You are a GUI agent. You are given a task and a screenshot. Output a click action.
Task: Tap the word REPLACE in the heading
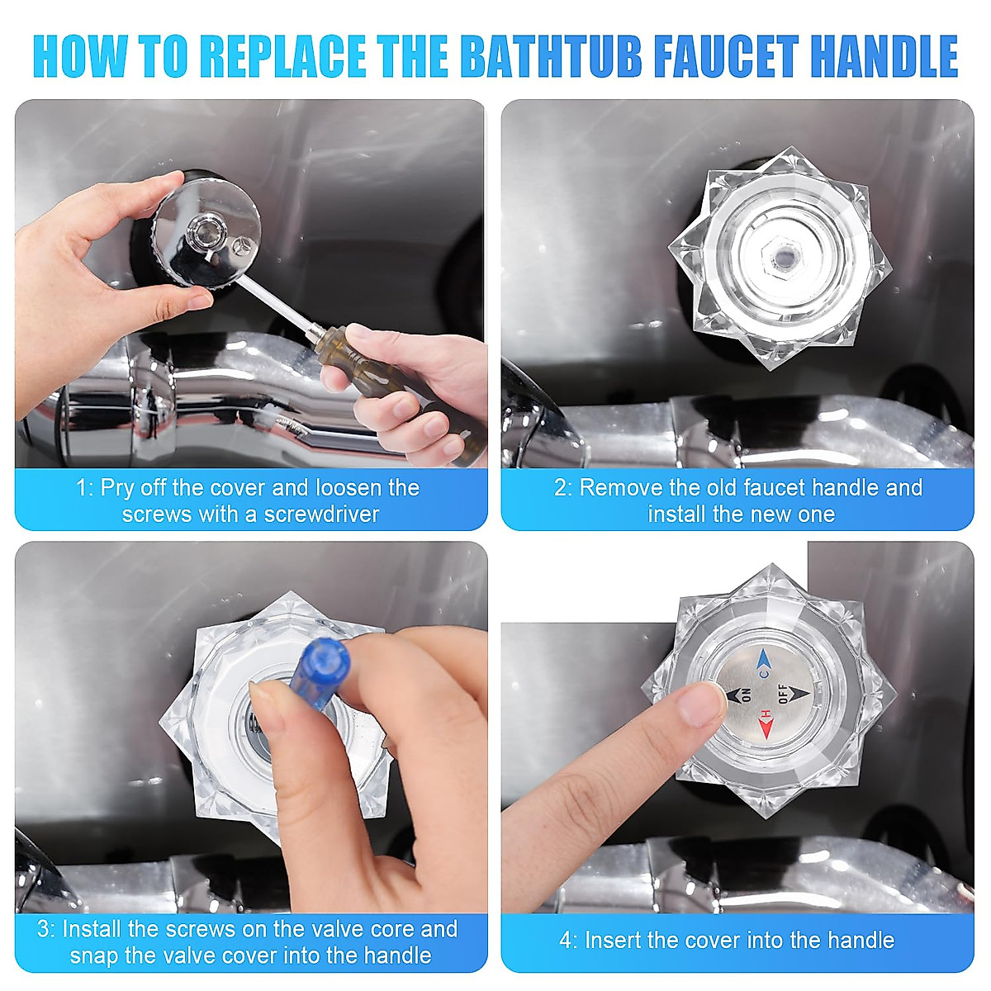282,56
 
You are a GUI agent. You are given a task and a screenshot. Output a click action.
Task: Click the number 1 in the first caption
81,489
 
